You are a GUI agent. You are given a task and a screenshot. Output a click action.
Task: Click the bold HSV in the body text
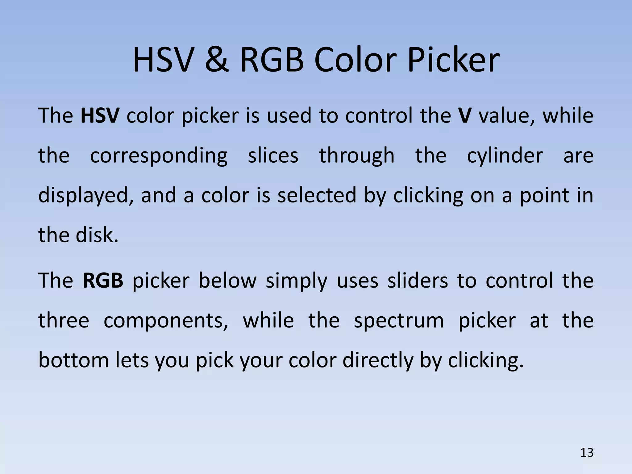[x=100, y=116]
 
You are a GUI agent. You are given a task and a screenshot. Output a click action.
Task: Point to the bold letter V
[x=464, y=116]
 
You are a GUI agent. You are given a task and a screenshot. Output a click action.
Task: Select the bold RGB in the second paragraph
[x=103, y=281]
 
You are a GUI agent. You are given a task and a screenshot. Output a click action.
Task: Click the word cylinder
[x=505, y=156]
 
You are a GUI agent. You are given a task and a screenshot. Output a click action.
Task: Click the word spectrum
[x=399, y=321]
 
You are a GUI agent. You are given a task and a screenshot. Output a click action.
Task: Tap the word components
[x=166, y=321]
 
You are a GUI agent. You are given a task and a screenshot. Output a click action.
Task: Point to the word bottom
[x=73, y=360]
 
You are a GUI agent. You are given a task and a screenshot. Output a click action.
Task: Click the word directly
[x=377, y=361]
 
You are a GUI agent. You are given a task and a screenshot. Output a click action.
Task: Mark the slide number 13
[x=587, y=453]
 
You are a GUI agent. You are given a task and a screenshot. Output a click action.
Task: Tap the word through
[x=357, y=156]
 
